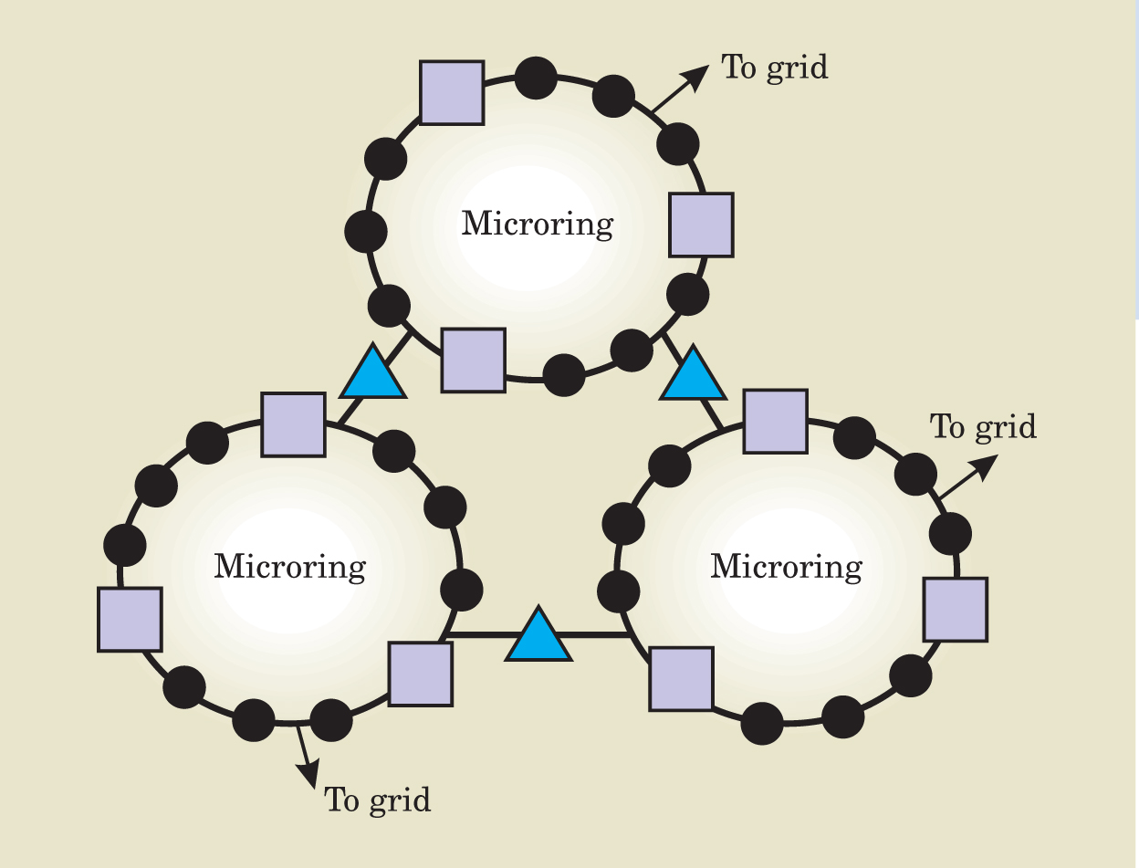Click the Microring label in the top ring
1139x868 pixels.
(537, 224)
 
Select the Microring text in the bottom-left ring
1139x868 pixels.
(289, 567)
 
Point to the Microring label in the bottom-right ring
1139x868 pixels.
(786, 567)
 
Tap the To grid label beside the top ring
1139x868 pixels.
(775, 68)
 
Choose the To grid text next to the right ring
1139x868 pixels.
(983, 427)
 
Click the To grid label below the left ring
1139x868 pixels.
(377, 800)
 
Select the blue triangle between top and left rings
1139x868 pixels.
(372, 372)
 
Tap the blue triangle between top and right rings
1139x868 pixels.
(694, 373)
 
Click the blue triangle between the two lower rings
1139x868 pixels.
(538, 633)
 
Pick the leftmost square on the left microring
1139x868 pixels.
(130, 620)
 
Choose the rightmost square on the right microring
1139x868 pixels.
(955, 610)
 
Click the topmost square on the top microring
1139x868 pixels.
(452, 92)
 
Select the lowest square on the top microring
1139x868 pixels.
(473, 361)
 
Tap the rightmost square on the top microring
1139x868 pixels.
(701, 225)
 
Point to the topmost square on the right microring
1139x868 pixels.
(775, 421)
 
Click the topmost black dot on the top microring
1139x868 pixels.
(536, 78)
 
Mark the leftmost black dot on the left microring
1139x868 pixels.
(125, 546)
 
